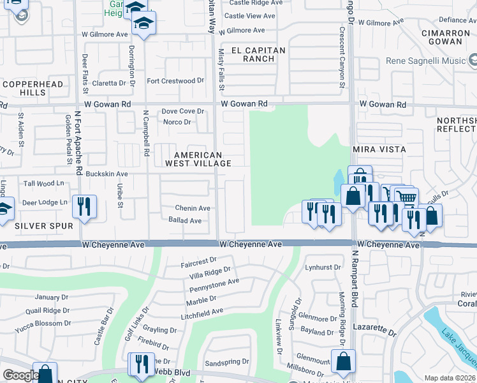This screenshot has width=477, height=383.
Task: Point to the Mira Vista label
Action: (379, 149)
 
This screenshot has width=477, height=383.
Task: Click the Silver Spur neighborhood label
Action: (43, 225)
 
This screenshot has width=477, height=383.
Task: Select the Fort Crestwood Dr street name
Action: (175, 81)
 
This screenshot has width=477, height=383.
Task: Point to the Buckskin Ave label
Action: (107, 174)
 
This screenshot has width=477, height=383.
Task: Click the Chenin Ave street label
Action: (193, 208)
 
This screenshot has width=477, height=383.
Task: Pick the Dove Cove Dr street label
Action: (182, 111)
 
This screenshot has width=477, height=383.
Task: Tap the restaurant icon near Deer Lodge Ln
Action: (84, 206)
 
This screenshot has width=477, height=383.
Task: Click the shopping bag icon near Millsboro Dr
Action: (343, 361)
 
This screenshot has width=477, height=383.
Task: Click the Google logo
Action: (20, 376)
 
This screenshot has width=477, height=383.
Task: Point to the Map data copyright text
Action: (449, 378)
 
